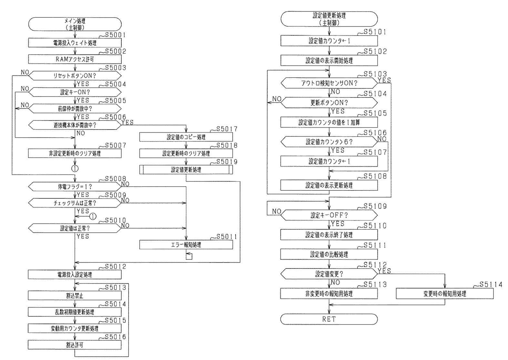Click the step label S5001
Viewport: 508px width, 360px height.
(115, 35)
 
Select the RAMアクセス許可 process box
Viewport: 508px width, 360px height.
(75, 59)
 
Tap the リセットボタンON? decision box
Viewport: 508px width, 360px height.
(75, 76)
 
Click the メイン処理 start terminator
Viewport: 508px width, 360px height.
(75, 24)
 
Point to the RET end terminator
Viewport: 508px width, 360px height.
(329, 319)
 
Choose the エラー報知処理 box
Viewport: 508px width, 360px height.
(186, 245)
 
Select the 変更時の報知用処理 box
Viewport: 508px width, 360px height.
(444, 294)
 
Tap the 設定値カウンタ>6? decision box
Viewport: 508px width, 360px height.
(329, 142)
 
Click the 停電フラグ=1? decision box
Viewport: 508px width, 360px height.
(75, 187)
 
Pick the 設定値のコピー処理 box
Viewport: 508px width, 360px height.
(186, 137)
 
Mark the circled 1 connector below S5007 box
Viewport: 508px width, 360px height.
(75, 168)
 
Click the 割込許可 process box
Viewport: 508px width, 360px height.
(75, 345)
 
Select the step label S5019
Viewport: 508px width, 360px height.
(227, 162)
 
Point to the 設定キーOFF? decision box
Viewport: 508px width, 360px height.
(329, 215)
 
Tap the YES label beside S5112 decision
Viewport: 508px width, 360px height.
(384, 271)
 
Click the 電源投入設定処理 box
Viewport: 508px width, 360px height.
(75, 275)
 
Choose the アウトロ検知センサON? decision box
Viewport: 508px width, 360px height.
(329, 83)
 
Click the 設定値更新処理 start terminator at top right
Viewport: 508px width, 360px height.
(329, 19)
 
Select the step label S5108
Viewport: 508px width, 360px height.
(375, 176)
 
